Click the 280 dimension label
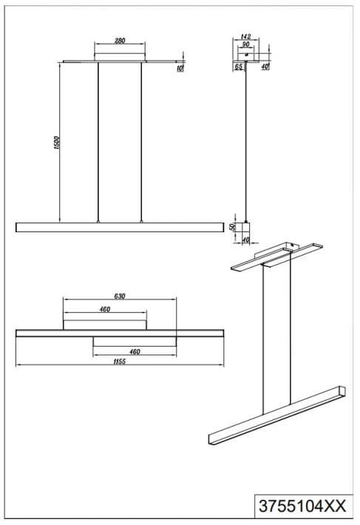click(x=120, y=41)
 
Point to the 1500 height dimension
click(x=57, y=143)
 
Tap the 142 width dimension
click(x=246, y=36)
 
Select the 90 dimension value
click(x=245, y=44)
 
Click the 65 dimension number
click(x=238, y=67)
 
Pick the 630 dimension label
click(x=120, y=296)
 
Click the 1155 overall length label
click(x=120, y=362)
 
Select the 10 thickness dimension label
click(x=180, y=69)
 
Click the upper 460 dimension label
click(x=105, y=309)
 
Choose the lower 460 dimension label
click(x=135, y=351)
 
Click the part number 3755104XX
click(x=302, y=506)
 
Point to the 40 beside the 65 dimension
click(x=265, y=67)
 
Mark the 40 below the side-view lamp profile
click(x=245, y=240)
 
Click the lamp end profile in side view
click(x=246, y=227)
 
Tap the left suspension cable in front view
click(x=98, y=142)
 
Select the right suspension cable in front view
click(x=141, y=142)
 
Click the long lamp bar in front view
click(x=120, y=227)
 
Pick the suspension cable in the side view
click(x=246, y=141)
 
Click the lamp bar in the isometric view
click(x=277, y=415)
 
